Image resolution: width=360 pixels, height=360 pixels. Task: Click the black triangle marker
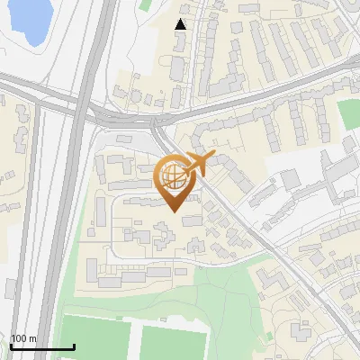pyautogui.click(x=181, y=24)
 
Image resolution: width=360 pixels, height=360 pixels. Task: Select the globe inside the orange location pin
pyautogui.click(x=174, y=175)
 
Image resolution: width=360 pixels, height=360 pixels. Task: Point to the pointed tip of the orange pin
pyautogui.click(x=174, y=211)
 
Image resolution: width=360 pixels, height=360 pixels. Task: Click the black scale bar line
pyautogui.click(x=41, y=346)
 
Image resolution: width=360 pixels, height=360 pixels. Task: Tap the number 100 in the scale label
pyautogui.click(x=19, y=338)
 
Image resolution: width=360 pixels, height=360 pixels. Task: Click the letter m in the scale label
pyautogui.click(x=32, y=339)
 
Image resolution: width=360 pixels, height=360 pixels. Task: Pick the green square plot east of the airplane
pyautogui.click(x=348, y=112)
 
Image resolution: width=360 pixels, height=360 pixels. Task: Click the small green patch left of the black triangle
pyautogui.click(x=146, y=4)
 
